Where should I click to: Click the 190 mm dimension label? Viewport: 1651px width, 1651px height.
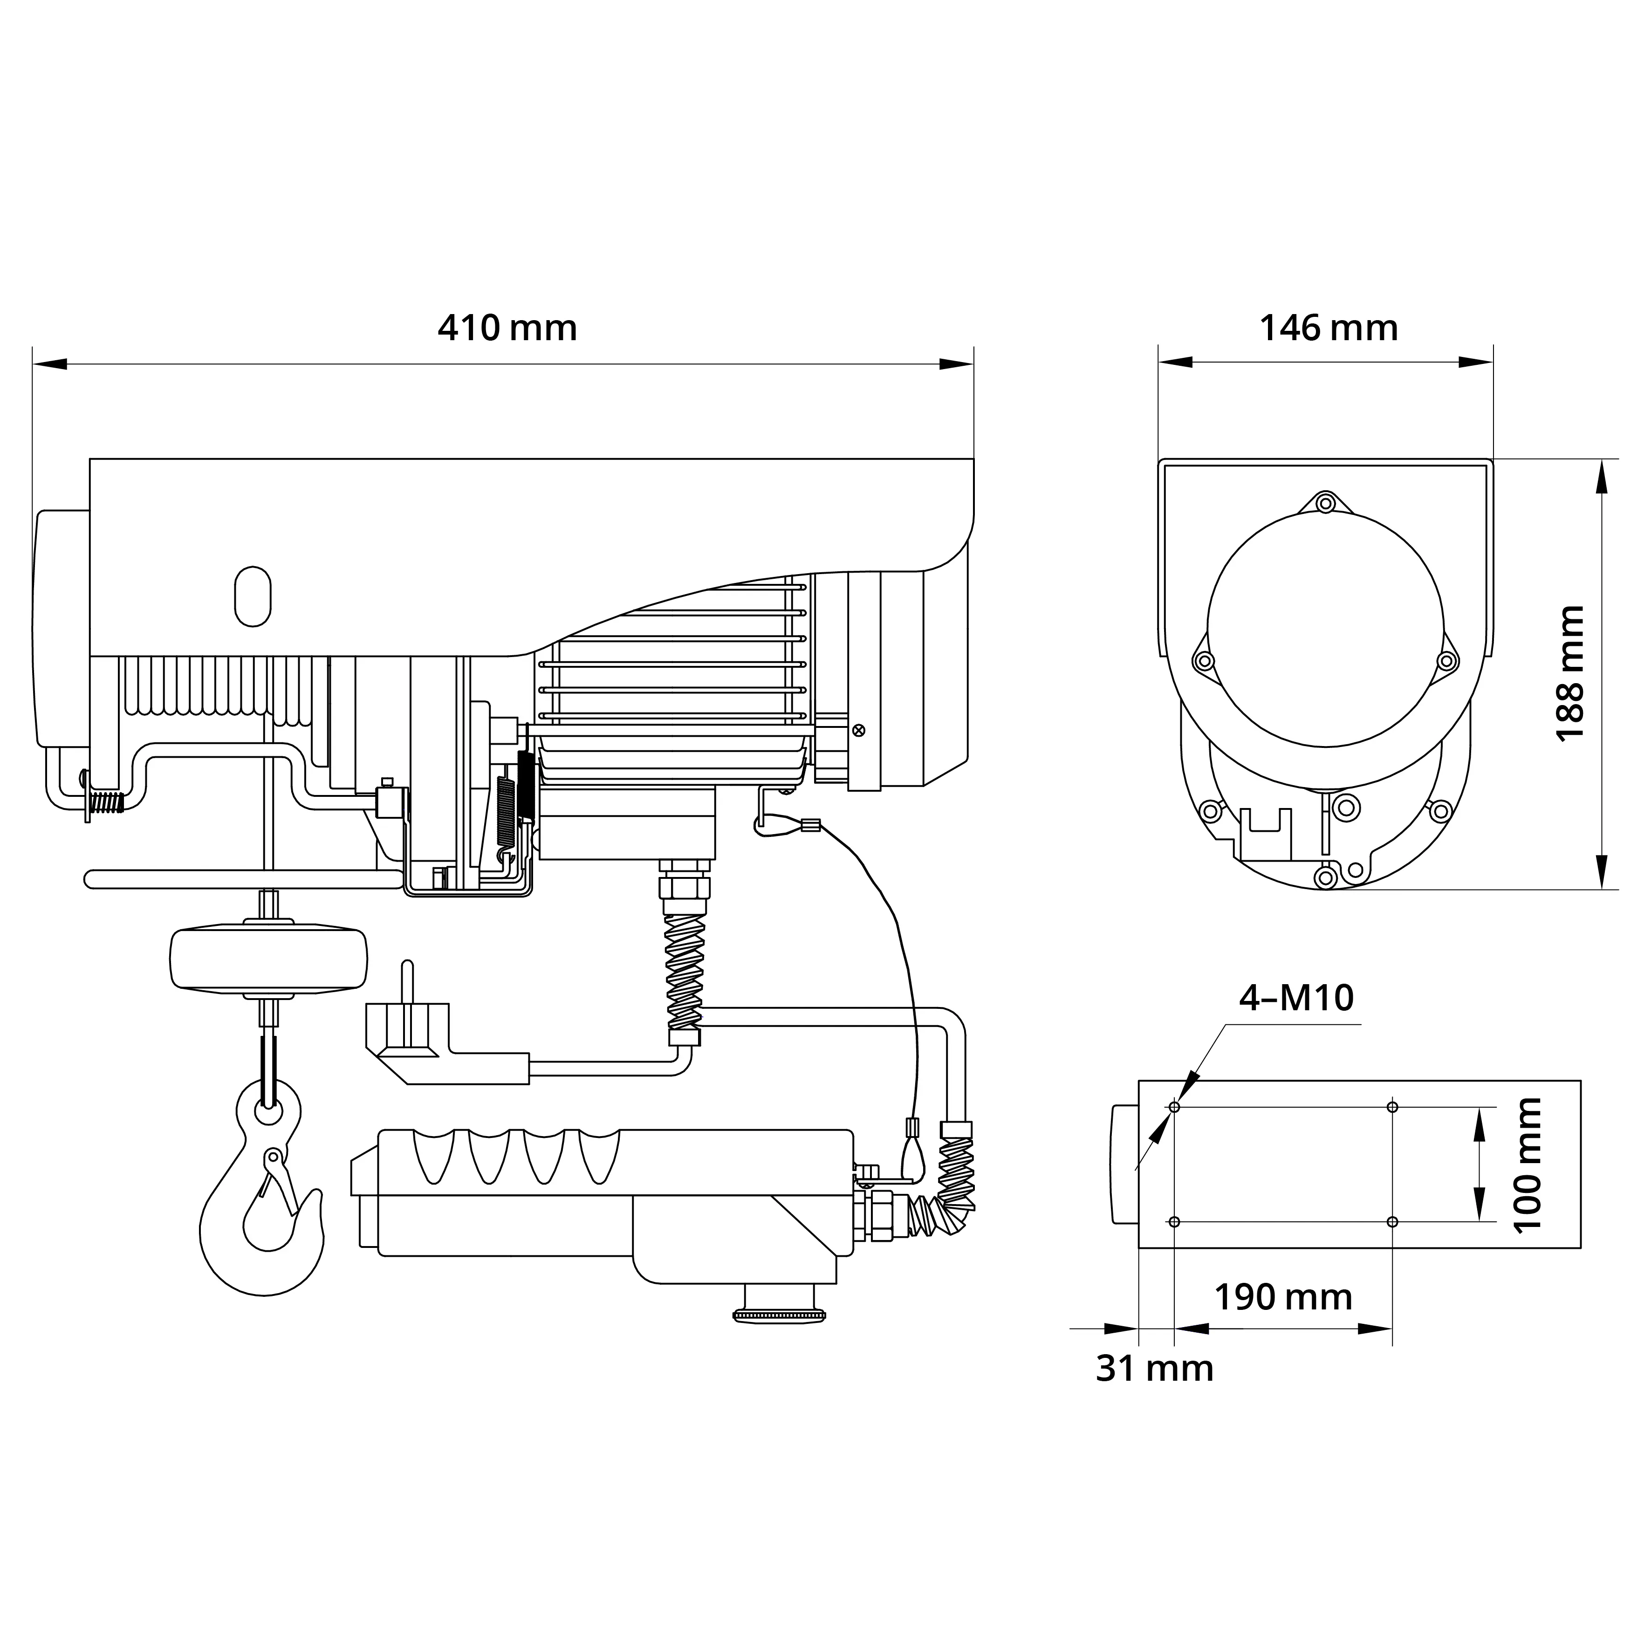point(1283,1297)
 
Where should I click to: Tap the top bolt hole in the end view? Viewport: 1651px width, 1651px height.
point(1325,502)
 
